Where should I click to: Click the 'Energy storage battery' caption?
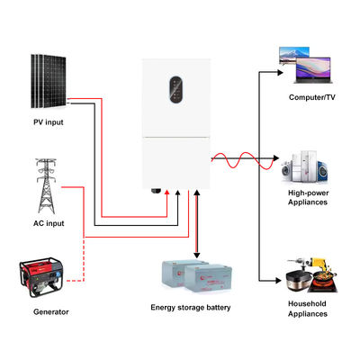point(190,308)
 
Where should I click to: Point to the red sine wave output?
point(238,161)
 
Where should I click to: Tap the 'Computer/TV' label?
point(312,96)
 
